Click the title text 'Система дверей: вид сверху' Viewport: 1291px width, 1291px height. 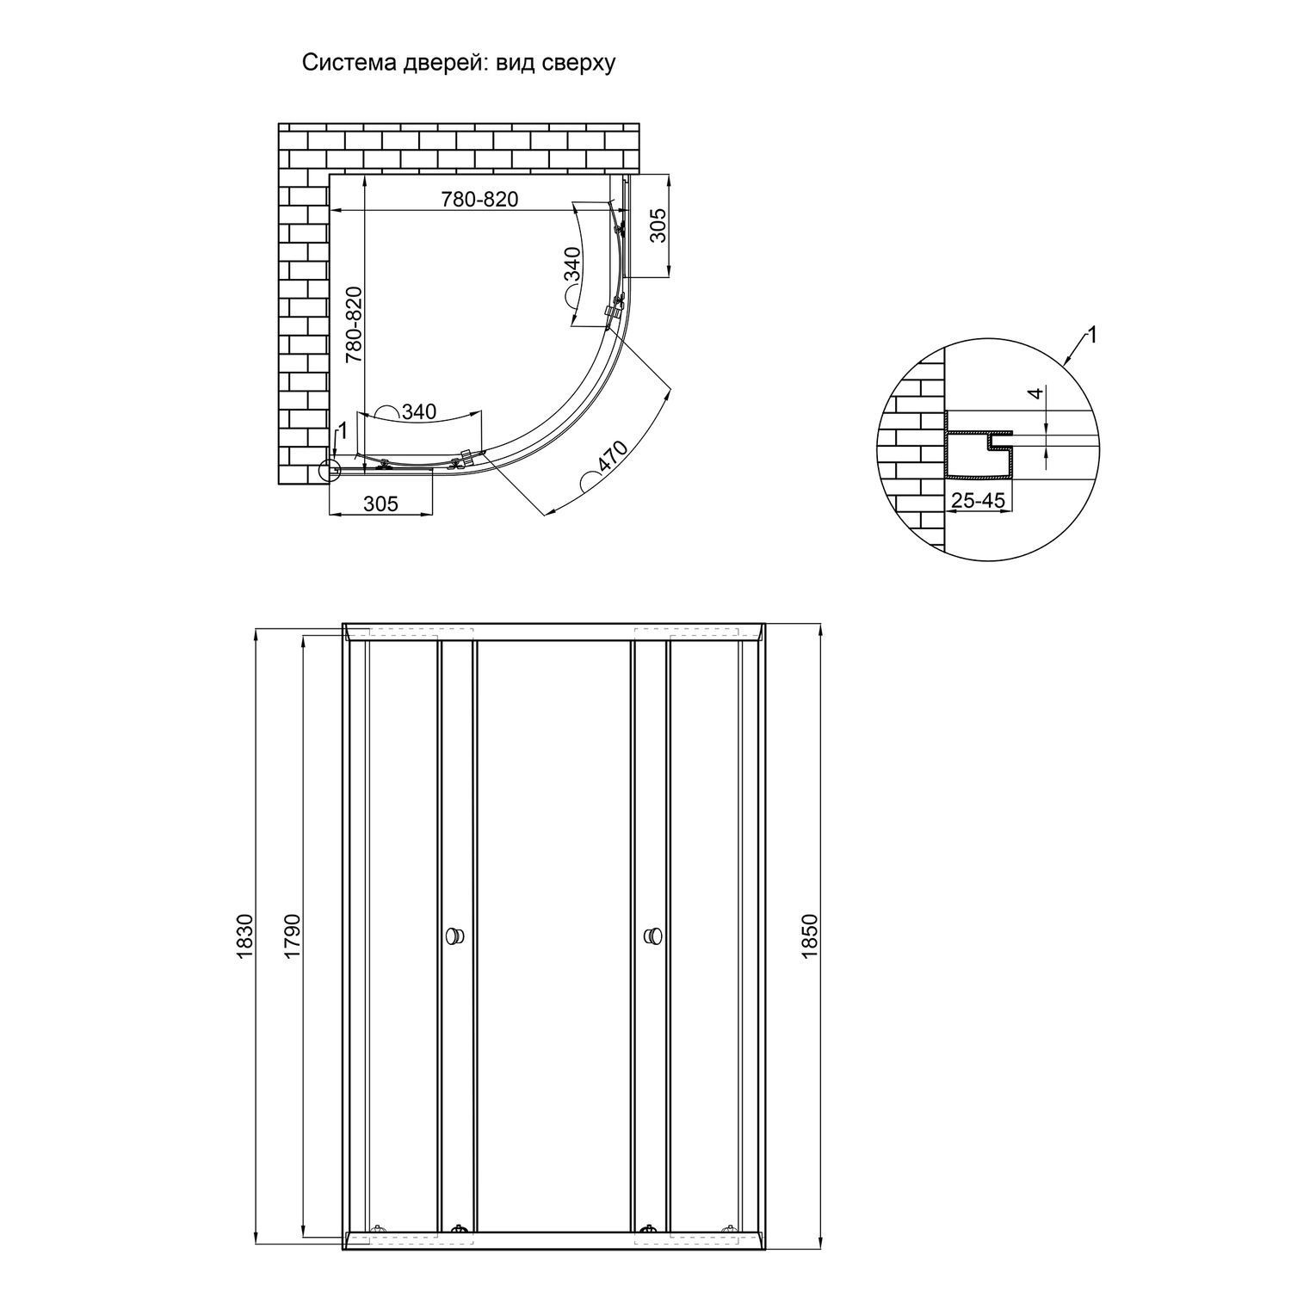coord(459,64)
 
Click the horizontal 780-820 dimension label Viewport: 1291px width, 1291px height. coord(480,199)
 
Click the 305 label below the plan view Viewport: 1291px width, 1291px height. coord(380,503)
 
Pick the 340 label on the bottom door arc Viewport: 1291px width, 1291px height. coord(419,412)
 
